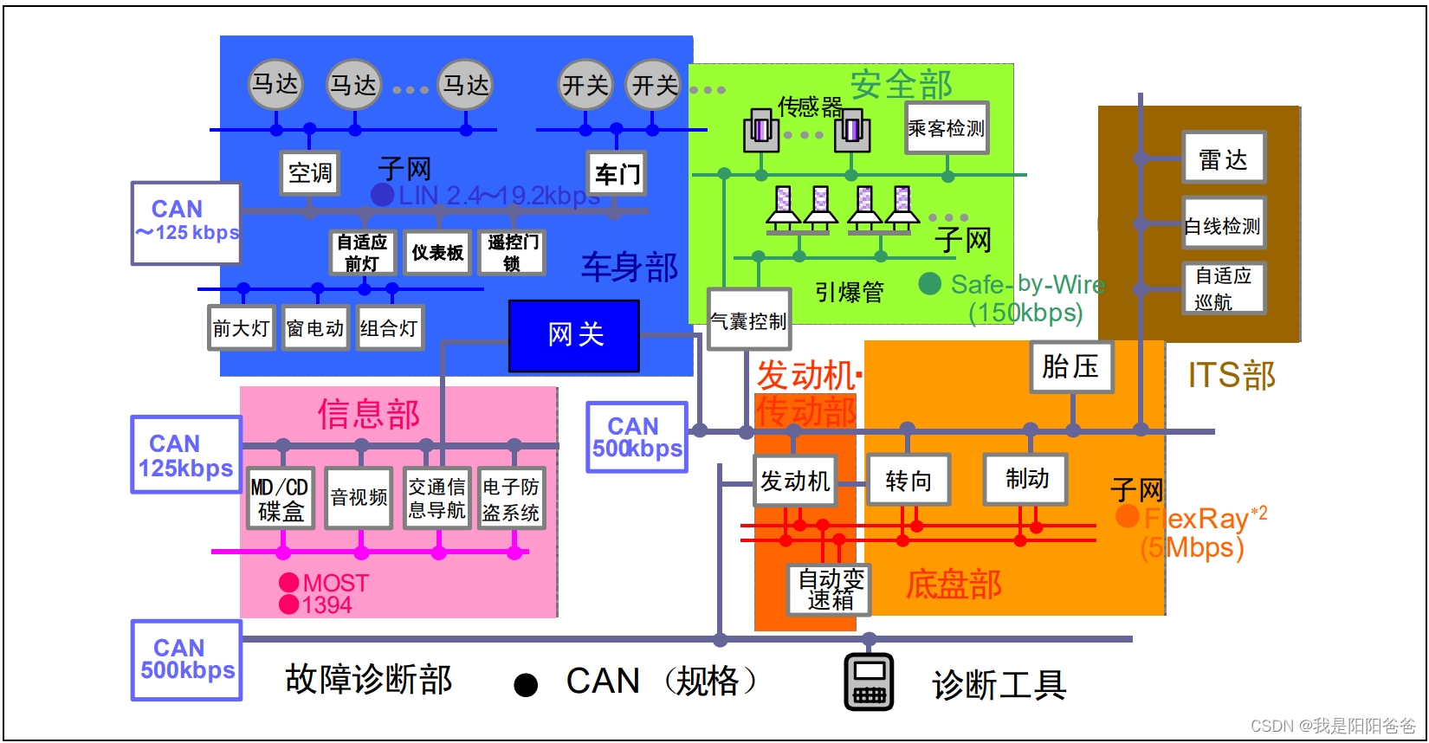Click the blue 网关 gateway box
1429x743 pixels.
tap(574, 335)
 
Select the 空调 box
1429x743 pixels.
tap(309, 173)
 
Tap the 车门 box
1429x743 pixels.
tap(617, 174)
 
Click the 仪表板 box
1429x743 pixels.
tap(437, 253)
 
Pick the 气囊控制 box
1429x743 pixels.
tap(749, 320)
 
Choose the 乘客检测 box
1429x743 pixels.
tap(947, 128)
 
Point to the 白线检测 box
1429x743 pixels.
tap(1224, 225)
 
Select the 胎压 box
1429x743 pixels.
tap(1071, 366)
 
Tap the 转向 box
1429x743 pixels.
tap(908, 480)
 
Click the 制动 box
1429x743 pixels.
tap(1026, 479)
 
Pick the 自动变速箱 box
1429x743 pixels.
tap(830, 590)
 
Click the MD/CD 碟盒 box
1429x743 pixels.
tap(281, 499)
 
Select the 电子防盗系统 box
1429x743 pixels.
tap(511, 499)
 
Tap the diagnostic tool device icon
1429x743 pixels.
tap(870, 682)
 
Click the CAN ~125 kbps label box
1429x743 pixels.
tap(186, 223)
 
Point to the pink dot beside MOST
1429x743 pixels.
tap(289, 583)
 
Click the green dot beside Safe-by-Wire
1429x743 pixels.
tap(930, 283)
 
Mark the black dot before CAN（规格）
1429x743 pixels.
tap(526, 685)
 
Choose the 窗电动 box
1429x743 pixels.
tap(315, 328)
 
